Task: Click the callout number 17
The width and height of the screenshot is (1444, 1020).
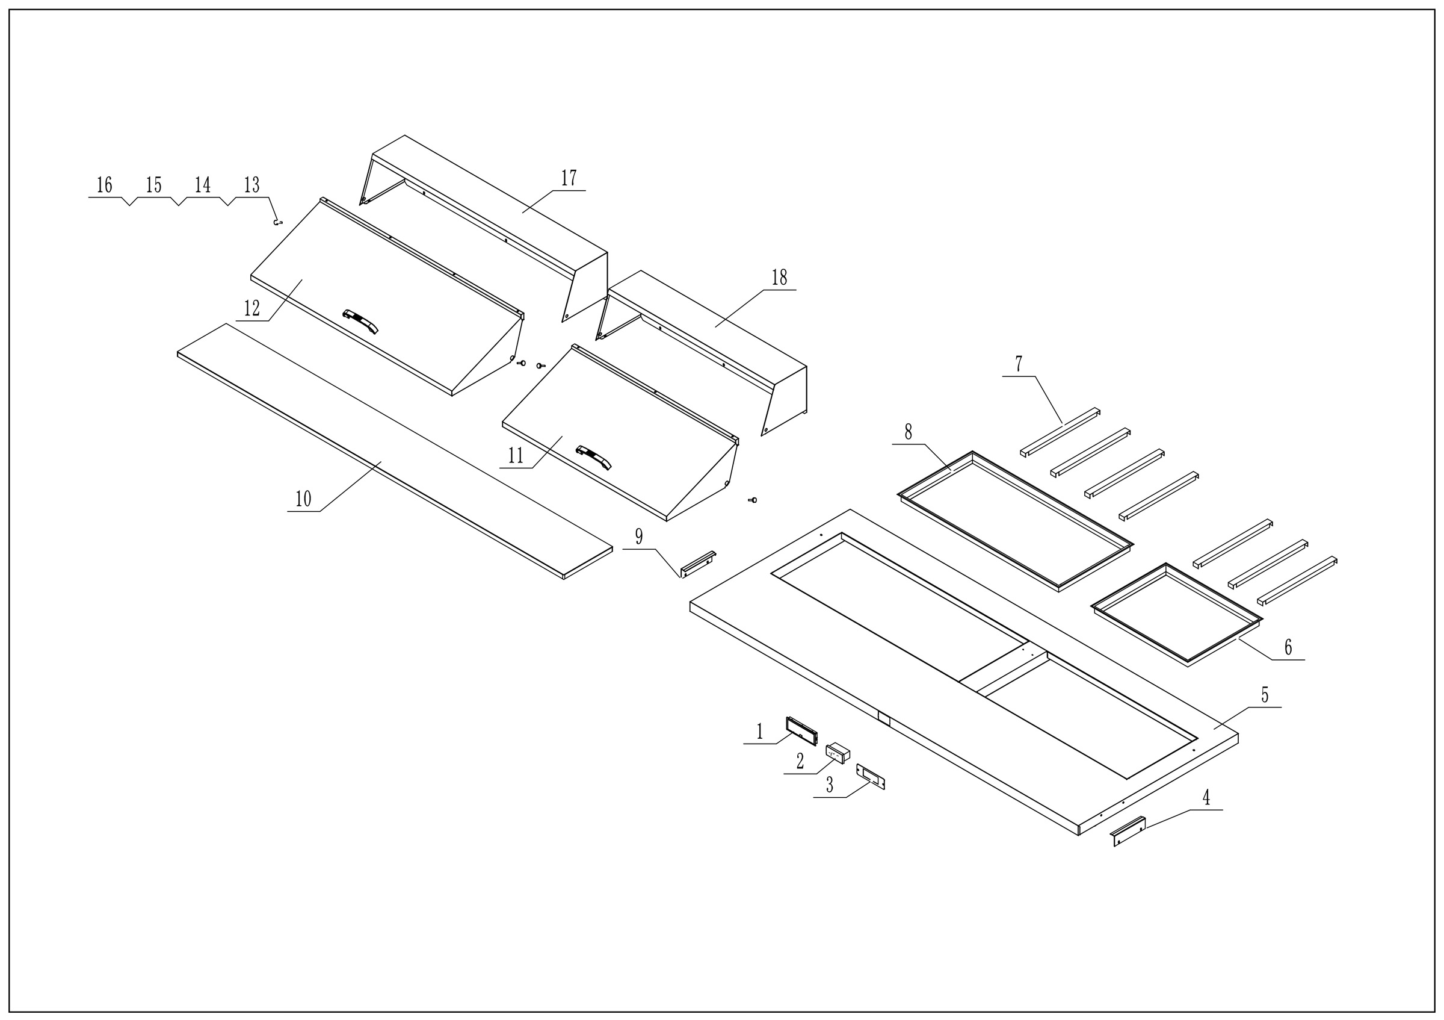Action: click(569, 179)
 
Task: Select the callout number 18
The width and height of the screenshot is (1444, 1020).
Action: click(779, 278)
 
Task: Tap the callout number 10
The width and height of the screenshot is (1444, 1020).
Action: click(303, 499)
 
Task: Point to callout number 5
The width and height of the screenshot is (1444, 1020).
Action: click(1265, 695)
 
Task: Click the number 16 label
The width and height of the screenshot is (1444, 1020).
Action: click(105, 185)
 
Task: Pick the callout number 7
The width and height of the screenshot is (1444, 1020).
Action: click(1018, 364)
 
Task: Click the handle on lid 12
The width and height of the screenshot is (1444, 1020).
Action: click(360, 321)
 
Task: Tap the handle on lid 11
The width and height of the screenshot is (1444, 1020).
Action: click(594, 458)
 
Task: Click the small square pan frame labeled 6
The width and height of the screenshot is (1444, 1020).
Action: click(1177, 615)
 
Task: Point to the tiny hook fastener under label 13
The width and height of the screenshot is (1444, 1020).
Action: click(277, 222)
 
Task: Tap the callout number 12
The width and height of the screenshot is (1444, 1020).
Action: click(251, 308)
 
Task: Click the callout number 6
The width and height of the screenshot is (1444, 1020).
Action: click(1288, 647)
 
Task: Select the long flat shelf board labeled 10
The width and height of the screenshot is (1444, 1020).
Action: click(395, 451)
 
